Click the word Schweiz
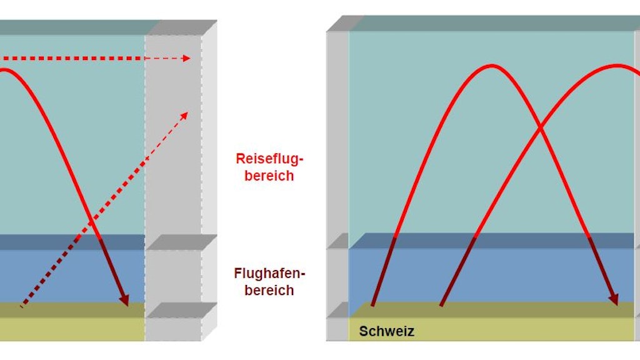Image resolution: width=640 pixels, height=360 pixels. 386,331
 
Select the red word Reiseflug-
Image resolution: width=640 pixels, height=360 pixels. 264,159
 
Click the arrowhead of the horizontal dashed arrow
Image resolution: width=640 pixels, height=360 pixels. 186,59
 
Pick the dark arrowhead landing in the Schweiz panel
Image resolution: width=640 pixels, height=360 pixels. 614,299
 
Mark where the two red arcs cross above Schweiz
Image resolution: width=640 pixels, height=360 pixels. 539,128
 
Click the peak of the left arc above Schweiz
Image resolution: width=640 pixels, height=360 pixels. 493,65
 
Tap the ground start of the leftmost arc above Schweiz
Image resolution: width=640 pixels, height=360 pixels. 372,306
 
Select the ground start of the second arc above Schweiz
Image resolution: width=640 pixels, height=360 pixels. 441,306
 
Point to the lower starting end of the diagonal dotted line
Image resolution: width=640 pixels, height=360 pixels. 22,307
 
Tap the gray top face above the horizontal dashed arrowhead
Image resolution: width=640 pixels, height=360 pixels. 181,27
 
